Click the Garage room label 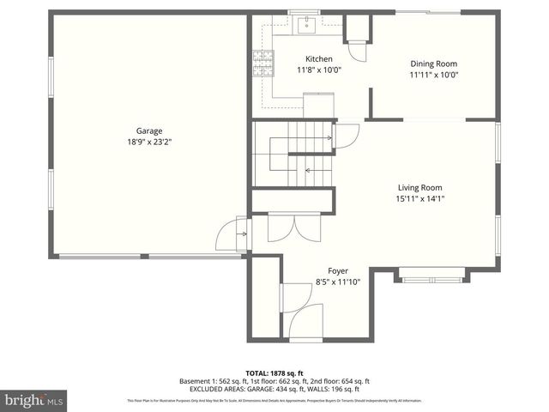click(x=149, y=131)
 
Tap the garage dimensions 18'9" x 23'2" click(x=149, y=142)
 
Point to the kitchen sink click(x=305, y=25)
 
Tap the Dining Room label click(x=433, y=64)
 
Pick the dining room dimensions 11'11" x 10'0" click(x=433, y=75)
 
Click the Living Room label click(x=419, y=187)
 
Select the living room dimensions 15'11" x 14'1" click(x=419, y=198)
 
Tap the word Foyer click(x=338, y=270)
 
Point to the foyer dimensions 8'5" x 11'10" click(x=338, y=282)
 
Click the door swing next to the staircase click(x=347, y=136)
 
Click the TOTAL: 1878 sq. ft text click(x=274, y=373)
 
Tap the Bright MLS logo click(x=34, y=399)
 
